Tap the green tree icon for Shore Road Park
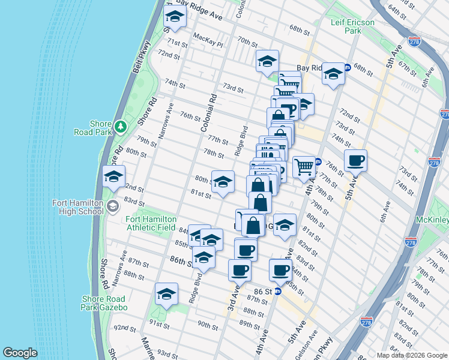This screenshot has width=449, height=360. coord(121,126)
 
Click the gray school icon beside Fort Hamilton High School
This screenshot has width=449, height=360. coord(112,207)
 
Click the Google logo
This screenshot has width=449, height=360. coord(20,353)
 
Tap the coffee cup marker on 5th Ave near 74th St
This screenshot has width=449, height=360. coord(356,161)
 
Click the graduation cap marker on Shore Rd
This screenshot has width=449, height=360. coord(113,177)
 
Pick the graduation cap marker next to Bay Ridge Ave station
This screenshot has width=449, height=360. coord(333,74)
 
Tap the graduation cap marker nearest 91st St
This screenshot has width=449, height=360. coord(166,294)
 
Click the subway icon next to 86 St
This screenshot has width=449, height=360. coord(278,292)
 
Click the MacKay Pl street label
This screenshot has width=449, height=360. coord(208,40)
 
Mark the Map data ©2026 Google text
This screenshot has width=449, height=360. coord(411,355)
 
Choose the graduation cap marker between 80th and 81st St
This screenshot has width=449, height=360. coord(223,182)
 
